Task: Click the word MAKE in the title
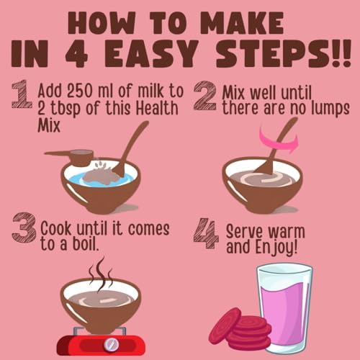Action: [242, 23]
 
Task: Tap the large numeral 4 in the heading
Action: [76, 53]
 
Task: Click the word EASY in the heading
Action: [151, 53]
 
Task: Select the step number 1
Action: [22, 94]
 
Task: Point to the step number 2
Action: [204, 96]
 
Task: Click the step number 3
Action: [24, 228]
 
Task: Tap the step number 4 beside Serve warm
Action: [206, 233]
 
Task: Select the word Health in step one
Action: [157, 108]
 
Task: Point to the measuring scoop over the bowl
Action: [70, 156]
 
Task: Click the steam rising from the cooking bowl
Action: [101, 274]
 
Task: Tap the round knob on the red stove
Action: [111, 344]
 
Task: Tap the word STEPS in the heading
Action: [283, 53]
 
